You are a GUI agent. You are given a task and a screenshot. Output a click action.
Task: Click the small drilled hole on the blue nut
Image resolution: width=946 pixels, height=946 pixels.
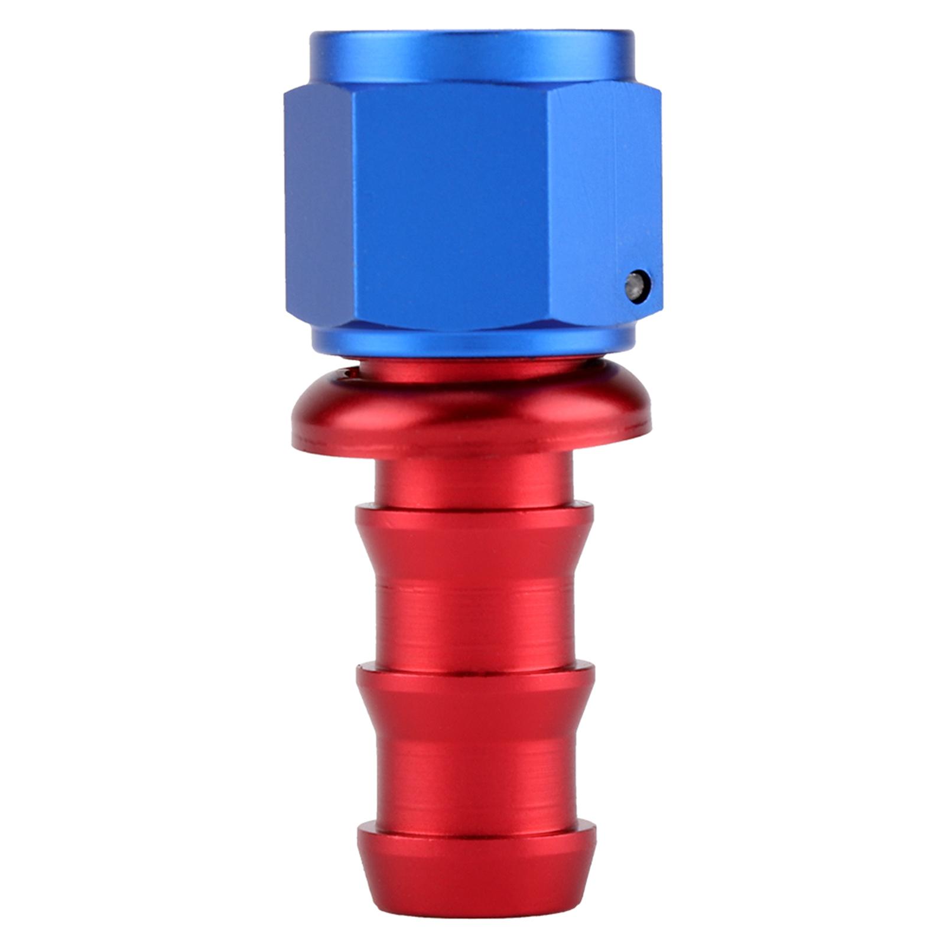tap(638, 287)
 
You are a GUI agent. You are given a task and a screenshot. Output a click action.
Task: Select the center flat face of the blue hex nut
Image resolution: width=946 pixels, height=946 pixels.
tap(452, 207)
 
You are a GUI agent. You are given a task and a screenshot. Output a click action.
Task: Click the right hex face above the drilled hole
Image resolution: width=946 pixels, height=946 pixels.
tap(603, 177)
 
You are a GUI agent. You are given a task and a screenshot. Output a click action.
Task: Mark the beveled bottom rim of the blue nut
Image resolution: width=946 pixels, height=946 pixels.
tap(472, 343)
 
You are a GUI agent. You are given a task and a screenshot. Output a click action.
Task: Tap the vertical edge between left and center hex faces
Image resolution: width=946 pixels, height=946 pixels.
tap(357, 207)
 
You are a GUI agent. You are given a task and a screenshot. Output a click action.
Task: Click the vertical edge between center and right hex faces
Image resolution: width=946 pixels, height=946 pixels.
tap(547, 207)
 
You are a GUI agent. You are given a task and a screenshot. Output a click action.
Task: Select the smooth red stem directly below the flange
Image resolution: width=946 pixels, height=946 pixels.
tap(473, 479)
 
